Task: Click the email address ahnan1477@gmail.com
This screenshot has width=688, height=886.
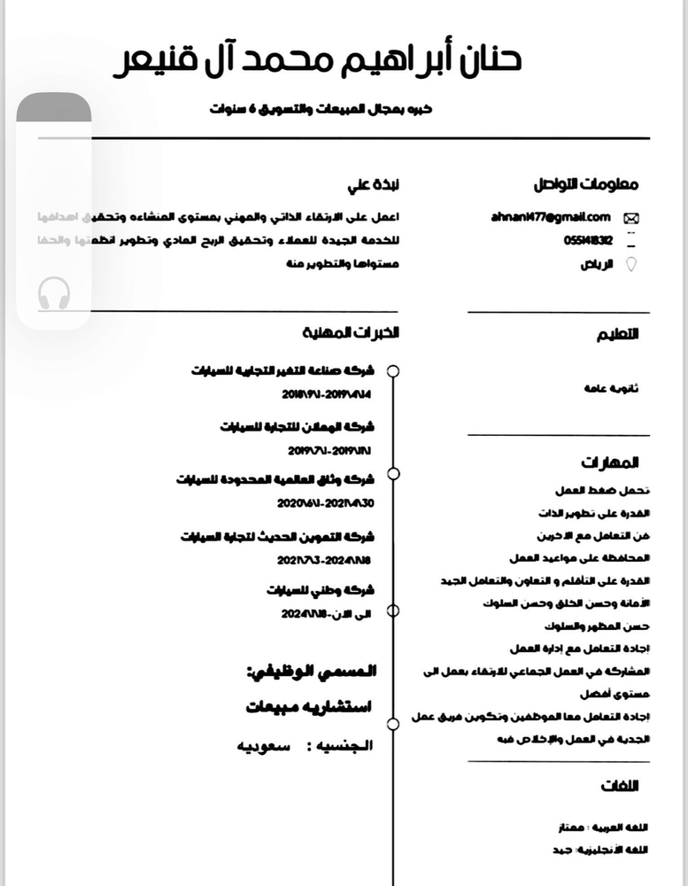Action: coord(551,217)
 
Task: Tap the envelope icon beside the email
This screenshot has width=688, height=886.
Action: coord(632,218)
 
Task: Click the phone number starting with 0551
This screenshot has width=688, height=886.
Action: coord(587,240)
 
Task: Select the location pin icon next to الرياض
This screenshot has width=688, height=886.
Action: coord(631,264)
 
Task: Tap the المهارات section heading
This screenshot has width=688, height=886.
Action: coord(610,462)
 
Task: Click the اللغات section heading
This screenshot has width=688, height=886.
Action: coord(619,786)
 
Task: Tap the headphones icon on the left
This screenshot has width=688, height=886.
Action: coord(55,293)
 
